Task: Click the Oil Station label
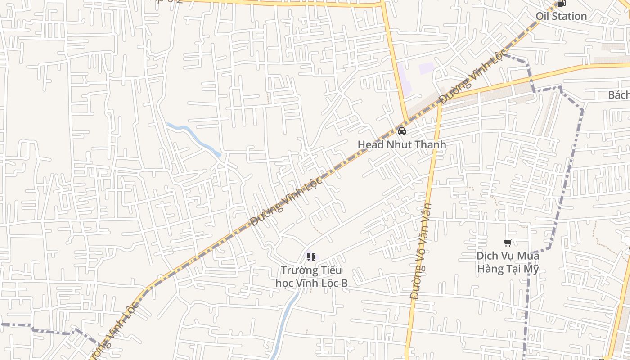[561, 16]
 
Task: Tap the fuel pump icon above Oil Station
[561, 4]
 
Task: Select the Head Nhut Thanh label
[402, 144]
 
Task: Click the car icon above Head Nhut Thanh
[402, 131]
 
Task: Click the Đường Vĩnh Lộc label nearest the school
[286, 201]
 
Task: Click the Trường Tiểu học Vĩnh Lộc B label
[311, 277]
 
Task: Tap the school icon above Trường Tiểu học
[311, 257]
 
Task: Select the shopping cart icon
[508, 243]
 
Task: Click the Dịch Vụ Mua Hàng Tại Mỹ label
[508, 262]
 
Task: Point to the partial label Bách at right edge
[619, 95]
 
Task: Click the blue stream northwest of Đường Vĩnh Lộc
[193, 138]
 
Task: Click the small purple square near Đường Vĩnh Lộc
[426, 68]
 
